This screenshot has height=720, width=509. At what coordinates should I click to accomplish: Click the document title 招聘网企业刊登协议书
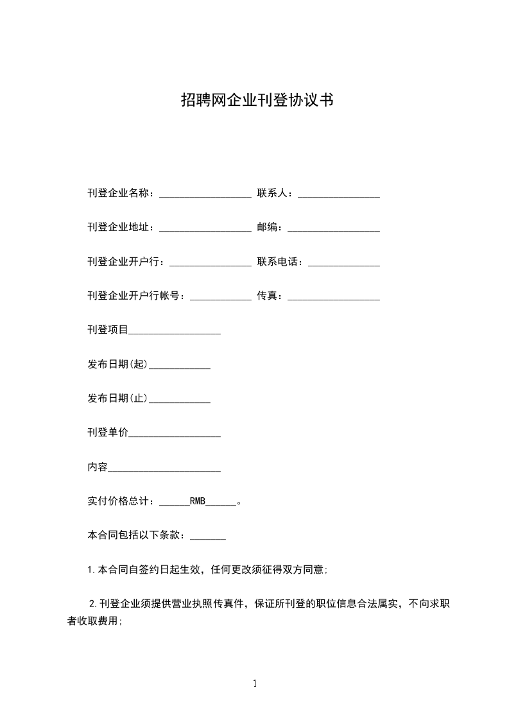click(256, 101)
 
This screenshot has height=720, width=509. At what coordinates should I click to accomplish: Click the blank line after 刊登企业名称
click(205, 194)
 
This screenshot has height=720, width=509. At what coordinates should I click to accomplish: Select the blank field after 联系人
click(338, 194)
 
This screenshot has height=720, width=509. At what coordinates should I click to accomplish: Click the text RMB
click(198, 502)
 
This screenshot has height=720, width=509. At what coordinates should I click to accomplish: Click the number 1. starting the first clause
click(91, 570)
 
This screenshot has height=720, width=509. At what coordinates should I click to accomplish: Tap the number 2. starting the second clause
click(93, 604)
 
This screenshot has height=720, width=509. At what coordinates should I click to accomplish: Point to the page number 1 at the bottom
click(255, 683)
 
